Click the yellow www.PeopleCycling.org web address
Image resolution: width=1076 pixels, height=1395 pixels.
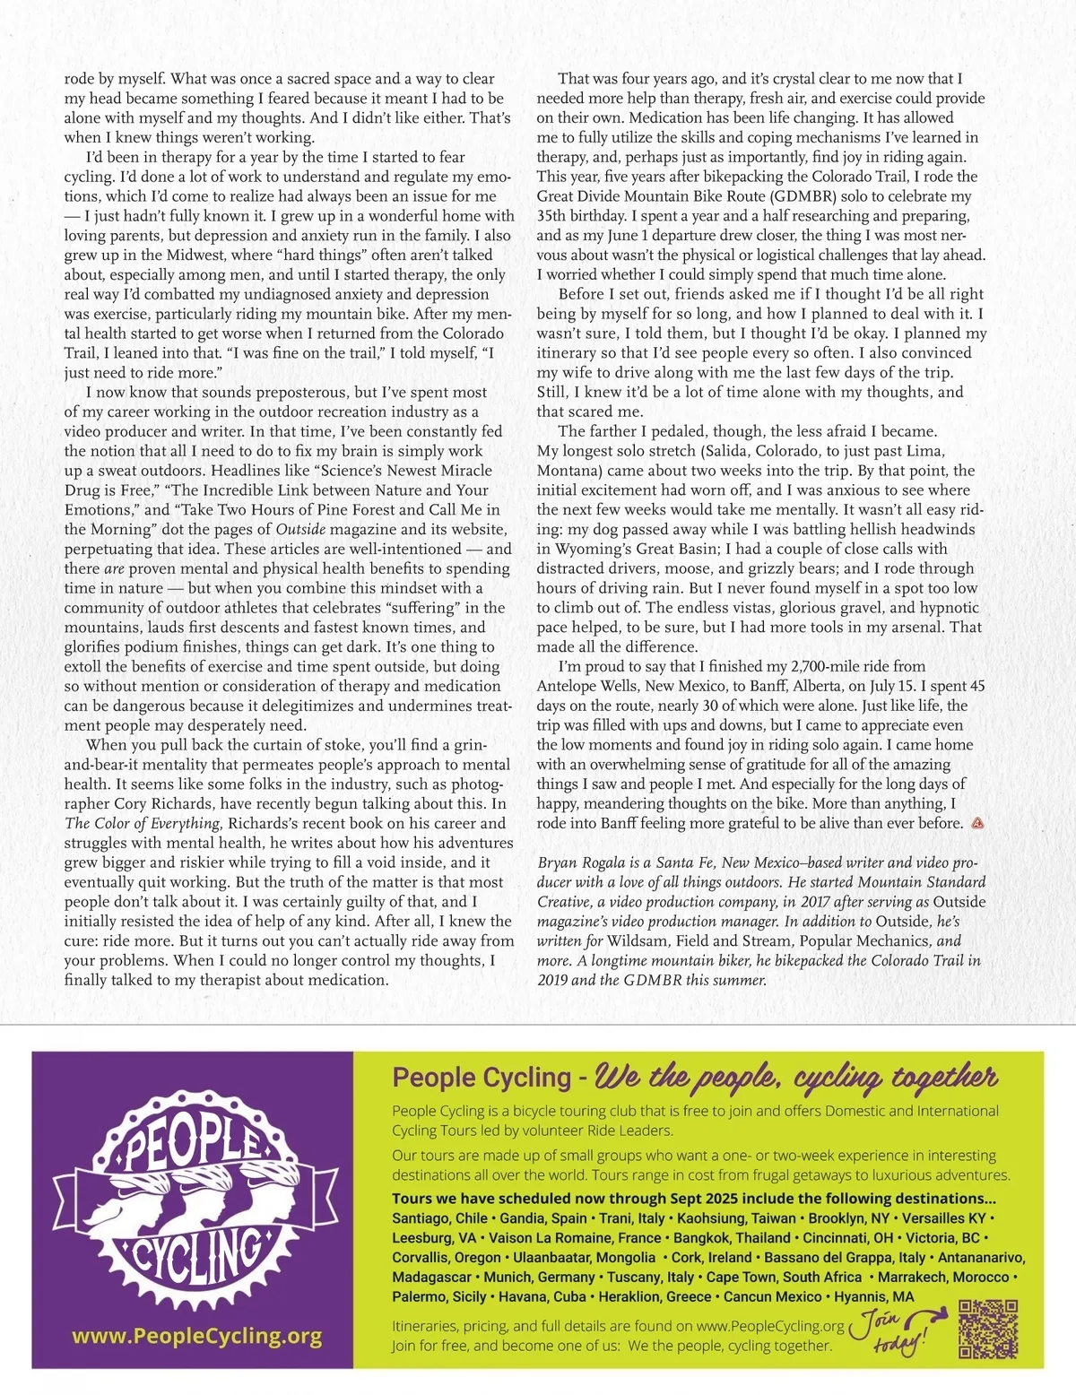196,1336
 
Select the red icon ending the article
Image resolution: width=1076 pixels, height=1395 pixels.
978,823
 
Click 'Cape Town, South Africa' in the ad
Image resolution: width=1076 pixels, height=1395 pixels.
784,1277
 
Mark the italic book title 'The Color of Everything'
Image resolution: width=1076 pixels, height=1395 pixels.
142,823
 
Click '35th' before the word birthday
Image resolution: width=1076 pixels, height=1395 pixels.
555,216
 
